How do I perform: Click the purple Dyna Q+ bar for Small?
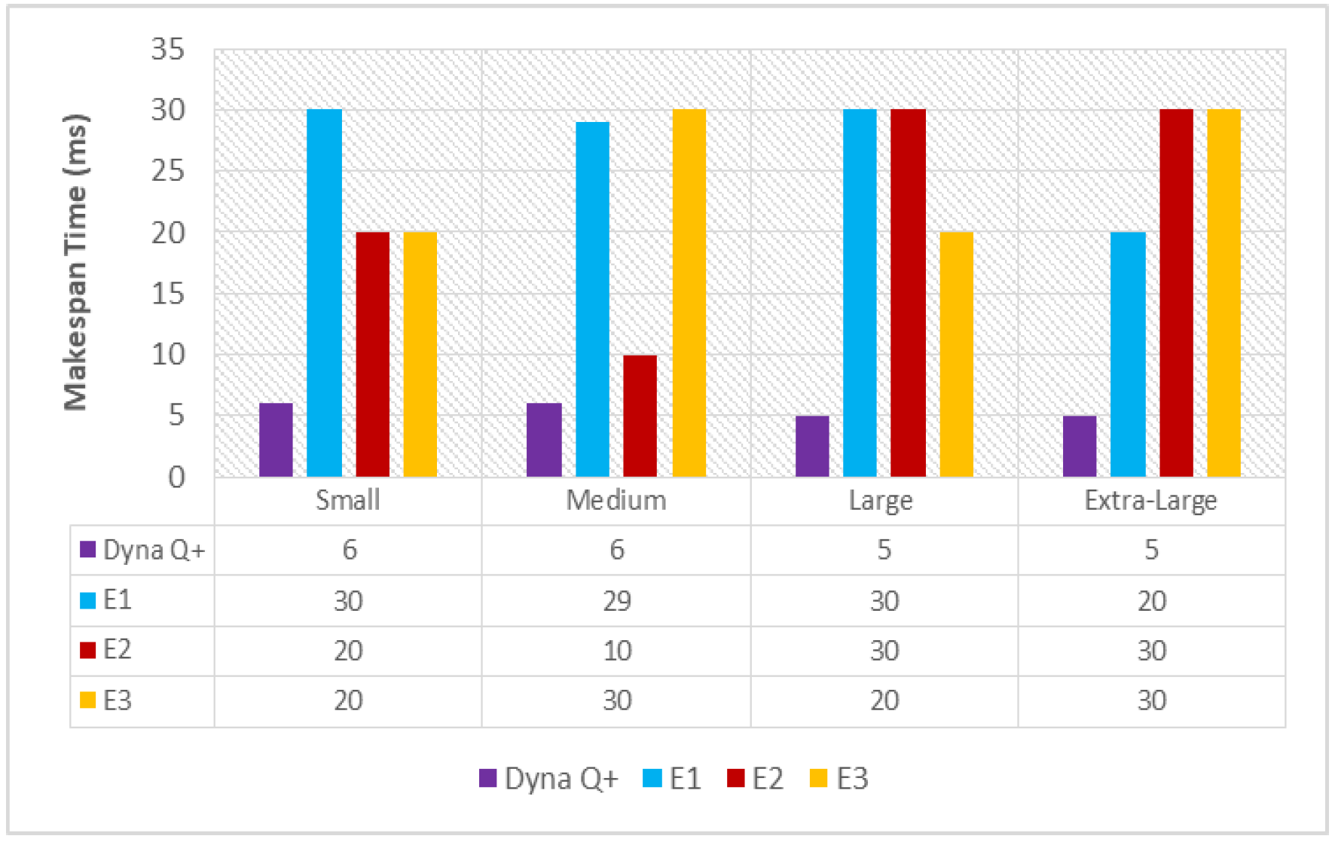(x=276, y=440)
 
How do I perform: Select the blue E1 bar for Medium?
(x=592, y=299)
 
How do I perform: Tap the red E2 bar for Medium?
(x=640, y=416)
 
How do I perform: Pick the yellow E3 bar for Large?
(x=956, y=354)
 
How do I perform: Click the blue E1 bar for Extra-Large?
(x=1128, y=354)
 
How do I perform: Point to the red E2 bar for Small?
(x=372, y=354)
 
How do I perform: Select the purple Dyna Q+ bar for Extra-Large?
(x=1080, y=446)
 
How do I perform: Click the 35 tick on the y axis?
(x=168, y=50)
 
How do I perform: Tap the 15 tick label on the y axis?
(x=168, y=294)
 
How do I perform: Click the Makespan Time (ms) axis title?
(x=76, y=262)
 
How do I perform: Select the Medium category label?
(x=616, y=500)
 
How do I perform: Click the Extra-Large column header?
(x=1150, y=500)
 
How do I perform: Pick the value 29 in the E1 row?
(x=616, y=601)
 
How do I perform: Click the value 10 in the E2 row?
(x=616, y=651)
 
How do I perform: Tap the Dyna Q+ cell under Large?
(x=884, y=550)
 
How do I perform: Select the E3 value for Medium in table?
(x=616, y=700)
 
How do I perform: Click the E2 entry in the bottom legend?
(x=756, y=778)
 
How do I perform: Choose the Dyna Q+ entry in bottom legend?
(x=549, y=778)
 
